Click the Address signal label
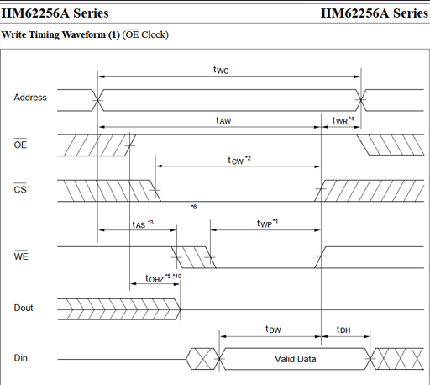click(30, 98)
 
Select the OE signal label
click(20, 145)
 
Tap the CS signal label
click(20, 189)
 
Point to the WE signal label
click(21, 256)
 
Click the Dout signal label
click(24, 308)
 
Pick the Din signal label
click(21, 358)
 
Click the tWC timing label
click(221, 70)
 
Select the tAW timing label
click(223, 120)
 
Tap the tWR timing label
click(343, 120)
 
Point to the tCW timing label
click(239, 160)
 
